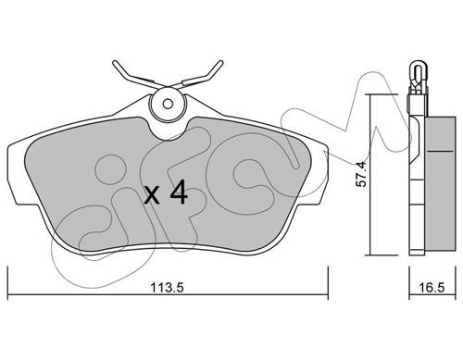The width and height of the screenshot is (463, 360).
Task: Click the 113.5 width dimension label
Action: [167, 288]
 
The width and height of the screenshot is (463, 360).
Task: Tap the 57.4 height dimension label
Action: [360, 174]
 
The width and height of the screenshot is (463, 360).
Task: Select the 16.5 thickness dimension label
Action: [432, 288]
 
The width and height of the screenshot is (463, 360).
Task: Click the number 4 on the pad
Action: [179, 192]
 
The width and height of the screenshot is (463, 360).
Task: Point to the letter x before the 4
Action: [152, 196]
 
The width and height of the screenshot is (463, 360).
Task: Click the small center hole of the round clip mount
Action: [168, 104]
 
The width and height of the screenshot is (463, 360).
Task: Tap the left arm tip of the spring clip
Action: [115, 63]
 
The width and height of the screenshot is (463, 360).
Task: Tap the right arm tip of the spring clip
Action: [220, 63]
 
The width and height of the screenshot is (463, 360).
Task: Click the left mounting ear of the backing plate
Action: [16, 174]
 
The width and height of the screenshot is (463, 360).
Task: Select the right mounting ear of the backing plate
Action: [319, 174]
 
